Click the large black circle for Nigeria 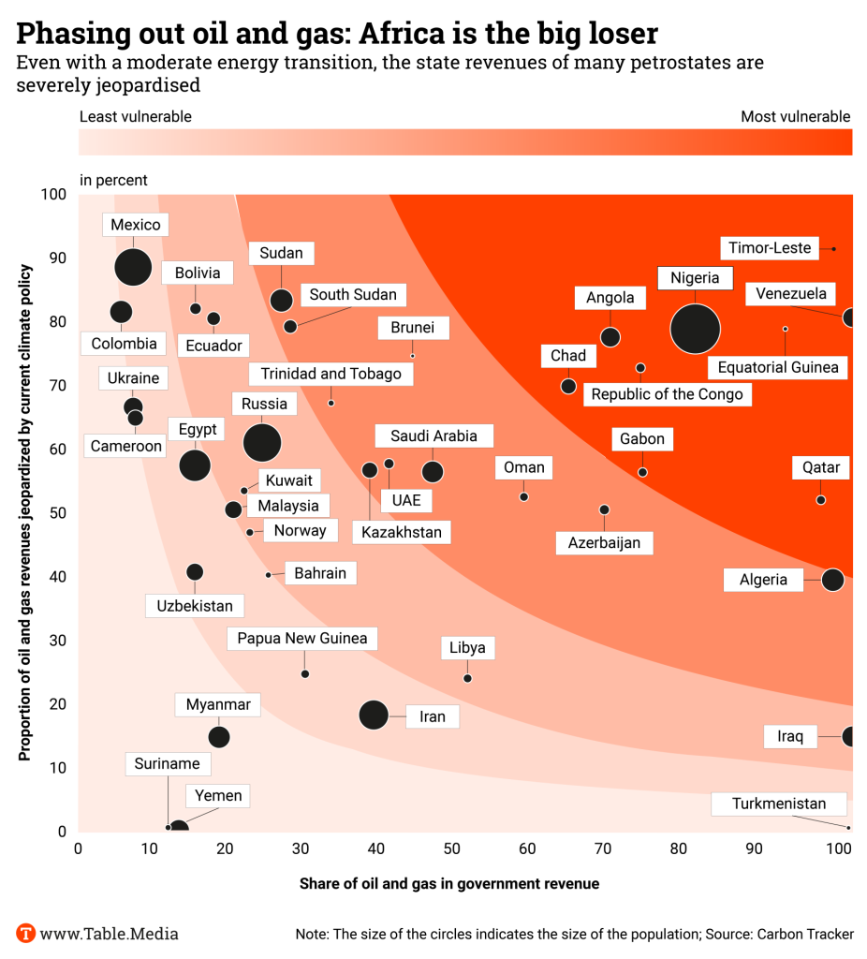click(695, 328)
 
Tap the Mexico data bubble click(133, 266)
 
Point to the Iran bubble click(374, 716)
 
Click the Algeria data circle click(832, 580)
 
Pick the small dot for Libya click(467, 678)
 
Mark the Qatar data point click(821, 500)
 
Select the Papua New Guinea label click(302, 639)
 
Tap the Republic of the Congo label click(667, 394)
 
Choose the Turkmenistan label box click(779, 804)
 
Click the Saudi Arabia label click(433, 435)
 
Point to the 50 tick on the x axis click(451, 849)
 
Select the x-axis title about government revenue click(449, 883)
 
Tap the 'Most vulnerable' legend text click(795, 117)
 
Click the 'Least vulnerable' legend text click(136, 117)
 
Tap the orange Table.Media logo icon click(26, 933)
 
